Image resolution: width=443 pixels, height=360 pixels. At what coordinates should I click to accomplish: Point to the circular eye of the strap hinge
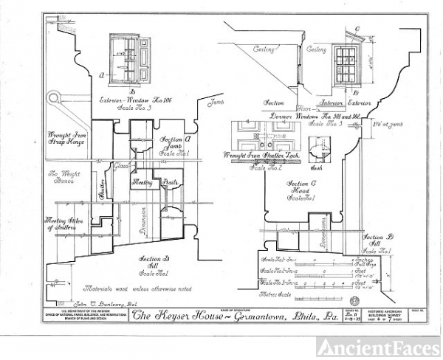[x=52, y=99]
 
